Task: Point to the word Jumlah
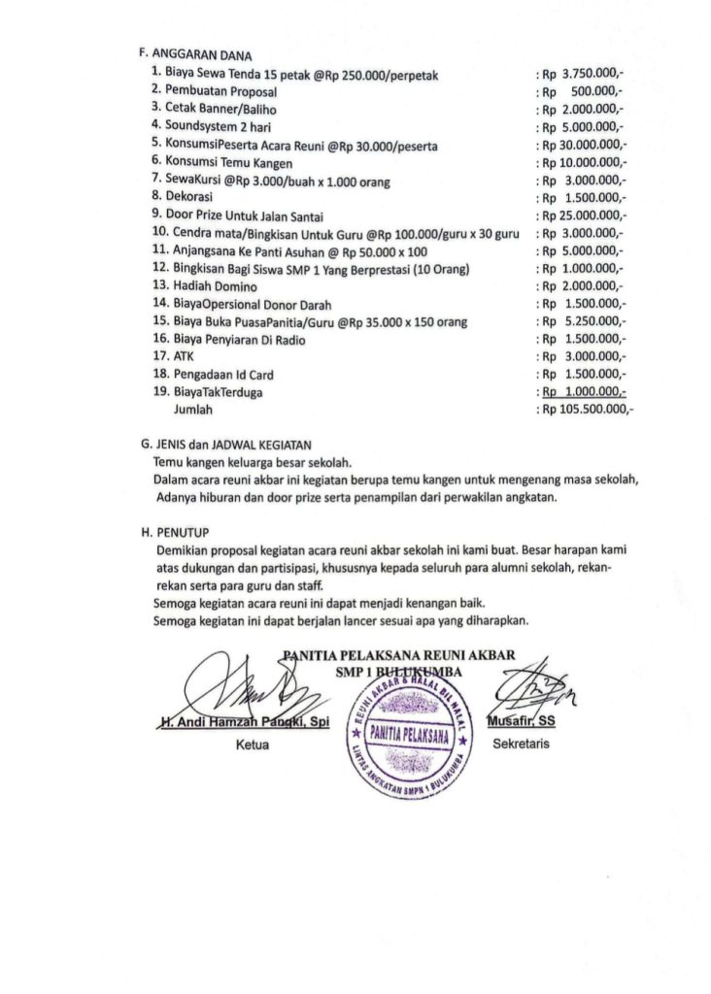click(192, 411)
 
